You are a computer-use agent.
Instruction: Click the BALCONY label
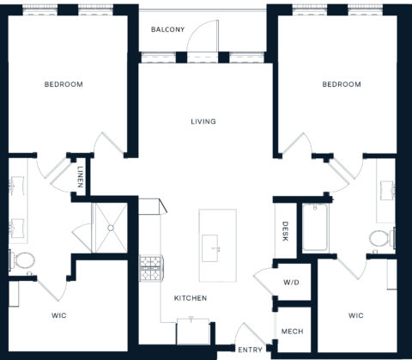pos(167,29)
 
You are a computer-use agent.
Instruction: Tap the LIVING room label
pos(203,121)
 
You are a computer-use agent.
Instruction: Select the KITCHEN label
pos(191,298)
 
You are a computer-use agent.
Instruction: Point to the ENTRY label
pos(250,350)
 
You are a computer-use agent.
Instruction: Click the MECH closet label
pos(290,333)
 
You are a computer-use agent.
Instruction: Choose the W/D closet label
pos(290,283)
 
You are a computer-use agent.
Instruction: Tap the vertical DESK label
pos(286,230)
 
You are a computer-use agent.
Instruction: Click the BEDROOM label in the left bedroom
pos(64,84)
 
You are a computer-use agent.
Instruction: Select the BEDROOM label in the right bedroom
pos(341,84)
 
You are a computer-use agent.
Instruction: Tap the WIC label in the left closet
pos(58,316)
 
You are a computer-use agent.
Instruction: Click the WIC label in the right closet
pos(356,315)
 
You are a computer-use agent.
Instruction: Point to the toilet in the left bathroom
pos(24,259)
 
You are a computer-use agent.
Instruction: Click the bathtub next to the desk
pos(314,228)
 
